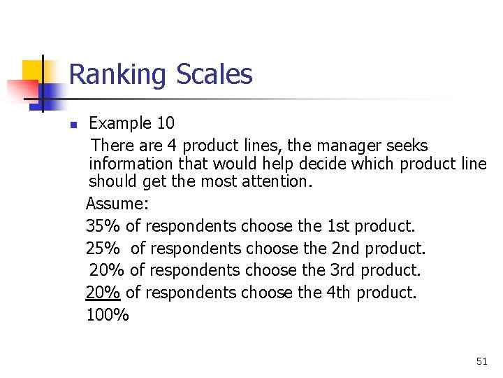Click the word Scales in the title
[214, 74]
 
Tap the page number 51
[481, 361]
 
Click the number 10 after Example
[166, 123]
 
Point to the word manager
[346, 146]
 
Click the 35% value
[103, 226]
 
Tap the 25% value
[103, 248]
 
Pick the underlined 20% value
[103, 293]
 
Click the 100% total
[108, 315]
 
